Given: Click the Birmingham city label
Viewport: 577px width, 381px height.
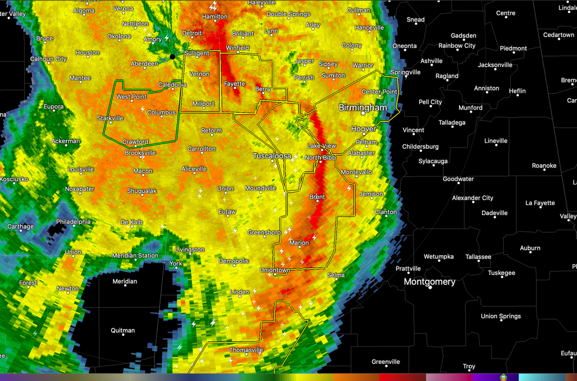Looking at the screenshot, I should tap(362, 108).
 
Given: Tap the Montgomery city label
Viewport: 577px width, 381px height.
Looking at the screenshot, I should tap(430, 282).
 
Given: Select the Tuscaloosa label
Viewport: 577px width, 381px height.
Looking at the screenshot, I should tap(272, 156).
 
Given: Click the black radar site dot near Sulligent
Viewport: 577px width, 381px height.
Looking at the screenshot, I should tap(173, 57).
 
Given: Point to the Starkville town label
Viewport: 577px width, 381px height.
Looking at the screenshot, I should tap(110, 118).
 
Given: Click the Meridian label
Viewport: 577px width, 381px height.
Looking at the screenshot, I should tap(124, 281).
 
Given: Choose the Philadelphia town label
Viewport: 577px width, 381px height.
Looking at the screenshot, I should tap(73, 222).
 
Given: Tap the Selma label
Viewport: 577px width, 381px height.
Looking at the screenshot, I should tap(336, 275).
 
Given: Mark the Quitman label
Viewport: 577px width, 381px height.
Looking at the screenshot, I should tap(123, 330).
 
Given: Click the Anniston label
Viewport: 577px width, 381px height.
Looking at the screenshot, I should tap(487, 88).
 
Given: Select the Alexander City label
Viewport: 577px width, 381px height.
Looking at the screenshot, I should tap(473, 198).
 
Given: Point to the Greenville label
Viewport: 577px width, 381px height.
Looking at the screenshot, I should tap(386, 361).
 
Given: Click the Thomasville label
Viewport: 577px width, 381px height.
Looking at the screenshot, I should tap(246, 350).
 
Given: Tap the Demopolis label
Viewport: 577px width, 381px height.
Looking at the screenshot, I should tap(234, 261).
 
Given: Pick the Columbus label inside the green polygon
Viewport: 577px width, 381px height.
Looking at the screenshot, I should tap(161, 113).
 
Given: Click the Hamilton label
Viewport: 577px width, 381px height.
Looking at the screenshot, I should tap(215, 17).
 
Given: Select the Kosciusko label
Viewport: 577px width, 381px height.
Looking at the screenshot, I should tap(14, 179).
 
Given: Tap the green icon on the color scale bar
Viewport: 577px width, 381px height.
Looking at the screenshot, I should tap(503, 377).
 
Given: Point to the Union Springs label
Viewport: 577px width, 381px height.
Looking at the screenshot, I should tap(500, 316).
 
